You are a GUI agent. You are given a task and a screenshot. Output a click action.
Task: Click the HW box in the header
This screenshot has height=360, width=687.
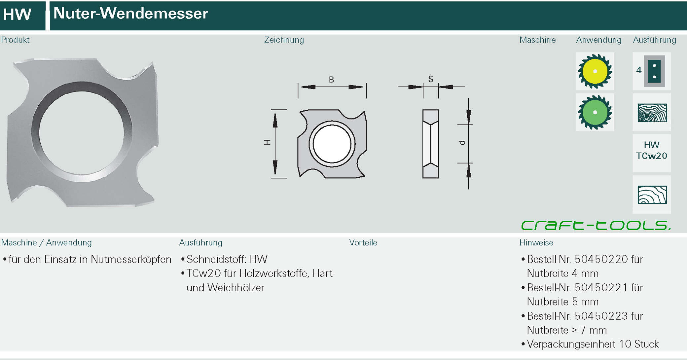[x=18, y=15]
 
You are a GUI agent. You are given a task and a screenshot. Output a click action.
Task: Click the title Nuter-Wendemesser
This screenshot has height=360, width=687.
[x=131, y=14]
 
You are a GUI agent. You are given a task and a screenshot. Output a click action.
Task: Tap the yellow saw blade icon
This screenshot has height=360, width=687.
[x=595, y=71]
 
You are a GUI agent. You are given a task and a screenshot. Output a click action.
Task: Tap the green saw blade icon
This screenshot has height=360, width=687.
[x=595, y=112]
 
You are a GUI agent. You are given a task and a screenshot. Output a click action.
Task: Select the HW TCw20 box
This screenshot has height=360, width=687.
[x=651, y=151]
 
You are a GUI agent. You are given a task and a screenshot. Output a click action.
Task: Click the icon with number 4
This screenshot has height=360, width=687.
[x=651, y=71]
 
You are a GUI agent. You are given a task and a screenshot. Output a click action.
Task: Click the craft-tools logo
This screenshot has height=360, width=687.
[x=596, y=225]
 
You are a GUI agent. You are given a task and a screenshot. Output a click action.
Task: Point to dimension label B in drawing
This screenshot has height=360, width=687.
[x=331, y=80]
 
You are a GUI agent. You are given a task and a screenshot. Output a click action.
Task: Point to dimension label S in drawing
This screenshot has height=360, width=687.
[x=430, y=79]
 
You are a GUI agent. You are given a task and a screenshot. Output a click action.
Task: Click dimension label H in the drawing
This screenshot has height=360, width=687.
[x=267, y=142]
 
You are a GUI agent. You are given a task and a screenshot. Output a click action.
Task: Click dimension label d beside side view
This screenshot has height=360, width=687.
[x=462, y=143]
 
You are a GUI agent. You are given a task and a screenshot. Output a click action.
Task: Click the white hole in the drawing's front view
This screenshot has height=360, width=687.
[x=332, y=144]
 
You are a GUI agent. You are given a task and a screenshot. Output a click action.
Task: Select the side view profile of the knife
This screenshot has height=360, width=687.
[x=430, y=144]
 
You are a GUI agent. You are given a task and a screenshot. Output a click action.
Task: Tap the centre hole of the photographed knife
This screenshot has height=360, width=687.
[x=82, y=133]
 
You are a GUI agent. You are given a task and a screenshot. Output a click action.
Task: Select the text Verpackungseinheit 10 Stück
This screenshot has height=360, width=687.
[x=593, y=344]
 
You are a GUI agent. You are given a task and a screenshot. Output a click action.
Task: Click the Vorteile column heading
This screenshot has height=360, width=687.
[x=363, y=243]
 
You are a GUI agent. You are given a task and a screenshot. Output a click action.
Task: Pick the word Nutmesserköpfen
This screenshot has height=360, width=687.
[x=131, y=260]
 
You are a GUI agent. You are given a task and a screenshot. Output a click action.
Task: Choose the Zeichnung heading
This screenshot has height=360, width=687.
[x=284, y=40]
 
